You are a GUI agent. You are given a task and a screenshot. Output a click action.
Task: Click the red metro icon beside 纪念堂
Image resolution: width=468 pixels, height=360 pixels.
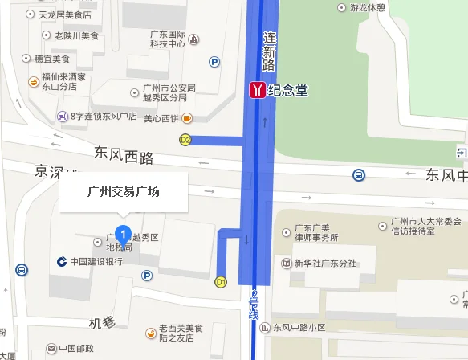coord(257,90)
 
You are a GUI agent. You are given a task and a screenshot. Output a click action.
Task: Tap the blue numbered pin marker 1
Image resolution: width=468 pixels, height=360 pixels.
coord(123,234)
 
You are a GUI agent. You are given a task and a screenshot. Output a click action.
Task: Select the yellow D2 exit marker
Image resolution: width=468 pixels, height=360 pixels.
coord(185,140)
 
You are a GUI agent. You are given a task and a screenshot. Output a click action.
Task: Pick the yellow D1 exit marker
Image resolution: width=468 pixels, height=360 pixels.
coord(221,282)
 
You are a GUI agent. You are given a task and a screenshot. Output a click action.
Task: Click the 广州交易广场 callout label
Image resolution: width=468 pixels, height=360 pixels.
coord(124,191)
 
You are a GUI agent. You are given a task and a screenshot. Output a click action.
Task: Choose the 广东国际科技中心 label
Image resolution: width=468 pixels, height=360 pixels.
coord(168,39)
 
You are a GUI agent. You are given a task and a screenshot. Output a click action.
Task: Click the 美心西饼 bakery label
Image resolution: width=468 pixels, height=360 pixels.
coord(161,119)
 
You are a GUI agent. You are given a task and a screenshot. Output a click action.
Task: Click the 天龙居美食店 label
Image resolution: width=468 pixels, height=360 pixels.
coord(64,15)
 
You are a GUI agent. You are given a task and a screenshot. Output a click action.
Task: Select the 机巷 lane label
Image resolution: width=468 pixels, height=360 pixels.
coord(103,323)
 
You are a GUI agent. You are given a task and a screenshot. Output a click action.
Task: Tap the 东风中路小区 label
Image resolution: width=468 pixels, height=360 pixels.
coord(299,327)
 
